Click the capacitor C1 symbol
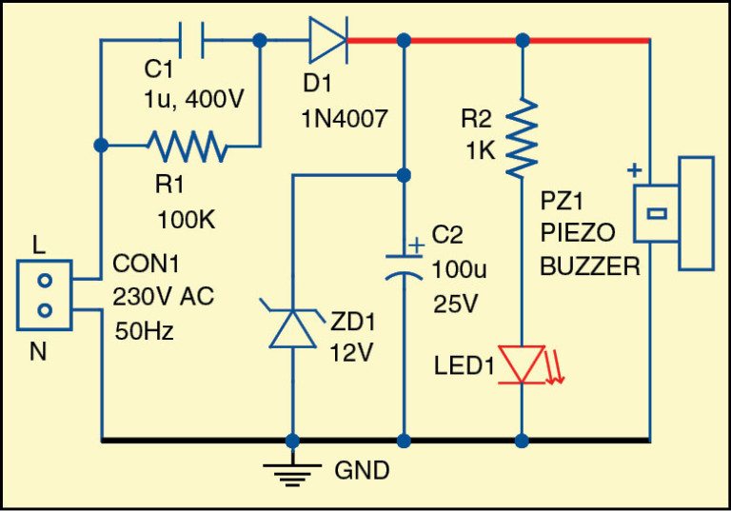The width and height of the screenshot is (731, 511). click(x=191, y=41)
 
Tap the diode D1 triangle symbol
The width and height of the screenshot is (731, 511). click(x=326, y=41)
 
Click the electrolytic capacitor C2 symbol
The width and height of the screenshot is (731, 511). click(x=405, y=264)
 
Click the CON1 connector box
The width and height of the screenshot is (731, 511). click(x=44, y=295)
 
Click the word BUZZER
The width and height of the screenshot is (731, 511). click(x=590, y=267)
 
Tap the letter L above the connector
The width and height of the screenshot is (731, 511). click(x=38, y=245)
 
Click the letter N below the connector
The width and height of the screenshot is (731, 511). click(x=38, y=351)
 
